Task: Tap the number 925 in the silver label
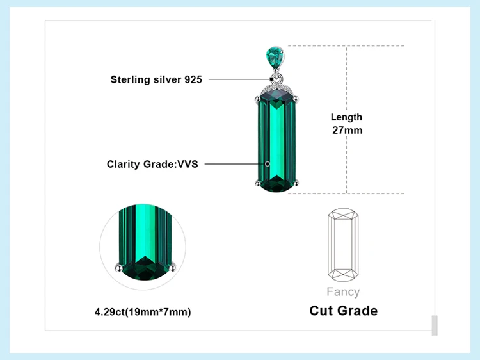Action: [193, 79]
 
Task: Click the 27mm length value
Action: [347, 130]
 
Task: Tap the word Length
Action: [346, 117]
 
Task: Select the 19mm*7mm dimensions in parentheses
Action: [157, 312]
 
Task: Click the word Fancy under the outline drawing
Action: [343, 292]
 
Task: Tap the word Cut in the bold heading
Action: [323, 311]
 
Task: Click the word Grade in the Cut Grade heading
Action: [359, 311]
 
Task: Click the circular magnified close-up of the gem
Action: [143, 243]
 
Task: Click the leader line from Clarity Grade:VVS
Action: [234, 164]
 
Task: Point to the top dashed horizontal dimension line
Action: [346, 45]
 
